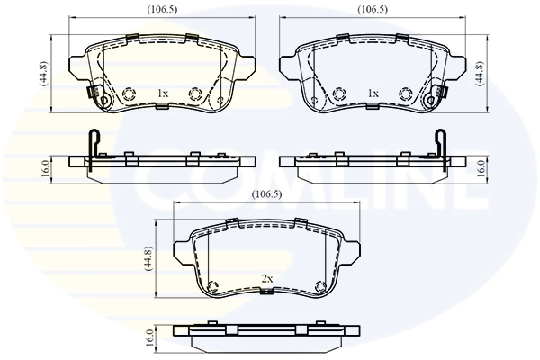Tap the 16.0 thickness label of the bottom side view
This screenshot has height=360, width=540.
pos(149,338)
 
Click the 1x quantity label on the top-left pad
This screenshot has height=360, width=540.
pos(163,94)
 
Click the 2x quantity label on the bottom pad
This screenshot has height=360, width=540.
pos(266,279)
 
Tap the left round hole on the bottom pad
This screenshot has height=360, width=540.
pos(213,287)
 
